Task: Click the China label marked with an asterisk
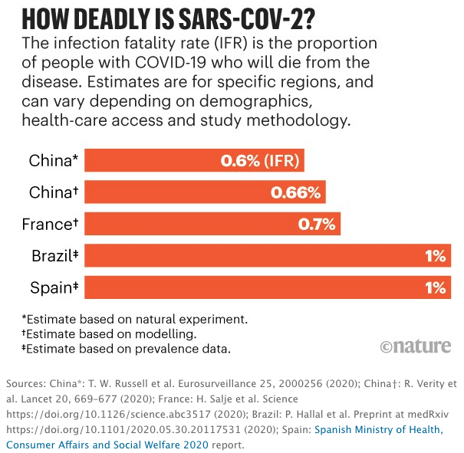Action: (54, 161)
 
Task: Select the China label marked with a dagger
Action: (54, 192)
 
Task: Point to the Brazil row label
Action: (55, 256)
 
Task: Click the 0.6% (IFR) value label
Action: (260, 161)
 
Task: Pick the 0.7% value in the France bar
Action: (317, 225)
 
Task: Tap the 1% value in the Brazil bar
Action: (436, 256)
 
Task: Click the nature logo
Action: (415, 346)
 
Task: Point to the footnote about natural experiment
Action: (135, 318)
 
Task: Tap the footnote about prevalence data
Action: (127, 350)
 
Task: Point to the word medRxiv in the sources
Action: (430, 414)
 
